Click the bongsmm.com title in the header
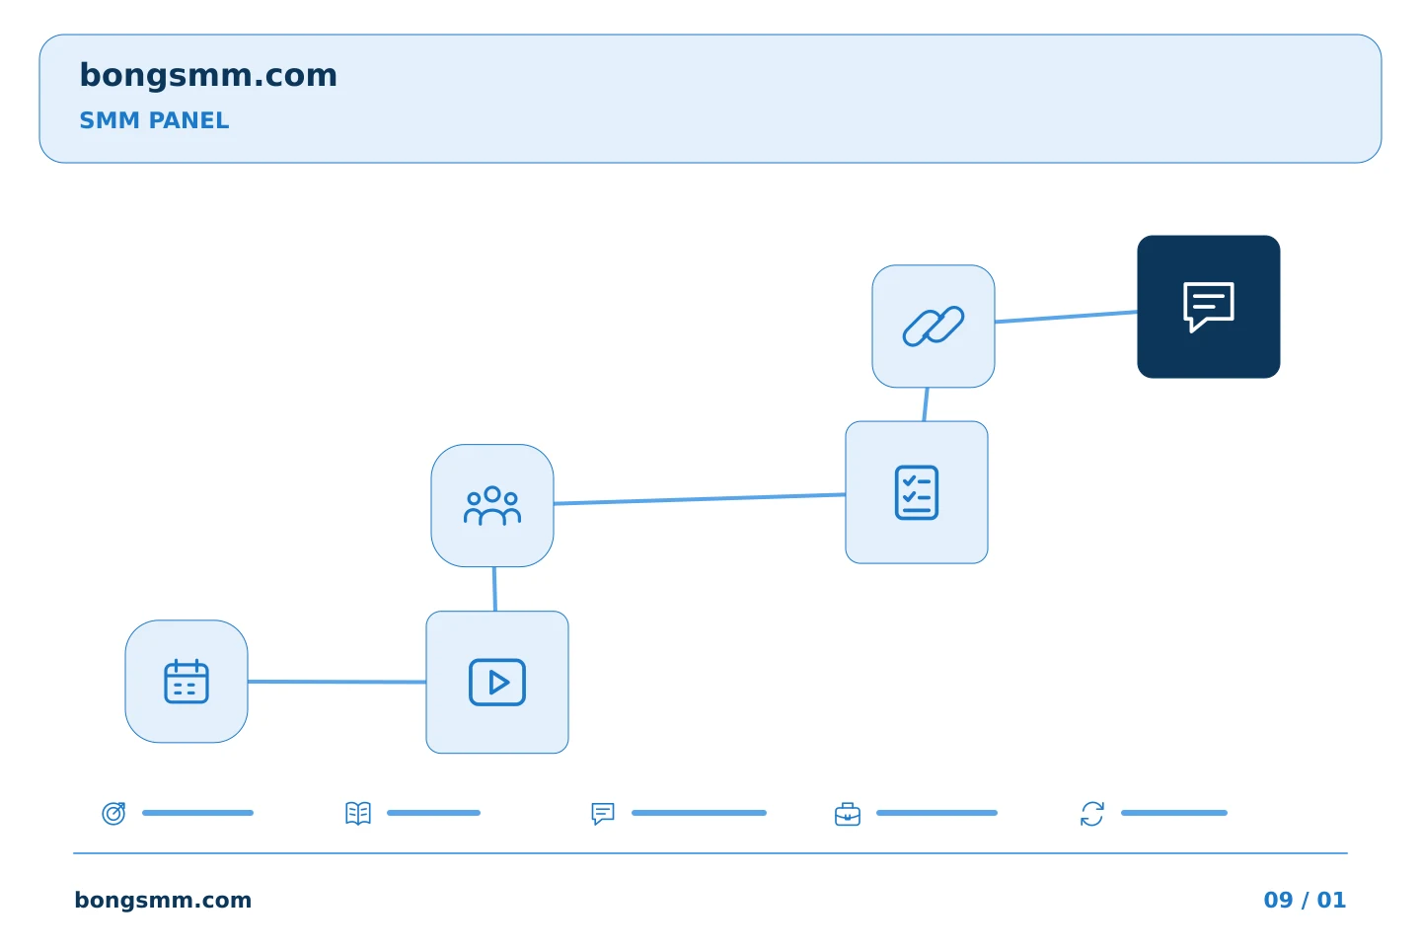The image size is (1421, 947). [208, 76]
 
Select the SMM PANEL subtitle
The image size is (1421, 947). [154, 120]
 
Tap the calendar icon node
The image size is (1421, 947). [187, 682]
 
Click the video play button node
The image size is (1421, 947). [497, 683]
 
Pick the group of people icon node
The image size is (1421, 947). [492, 505]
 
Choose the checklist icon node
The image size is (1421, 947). [917, 492]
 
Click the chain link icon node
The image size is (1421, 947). [934, 327]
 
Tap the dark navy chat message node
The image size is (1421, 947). [1209, 307]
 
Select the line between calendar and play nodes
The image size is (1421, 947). [337, 682]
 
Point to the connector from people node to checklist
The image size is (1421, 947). [699, 498]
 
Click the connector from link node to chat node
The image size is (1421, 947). [1066, 317]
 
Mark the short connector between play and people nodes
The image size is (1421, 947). [494, 589]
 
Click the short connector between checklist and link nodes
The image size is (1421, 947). [926, 404]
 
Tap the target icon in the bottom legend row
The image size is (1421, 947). [114, 813]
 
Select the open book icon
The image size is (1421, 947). [358, 813]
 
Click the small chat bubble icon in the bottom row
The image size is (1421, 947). [603, 813]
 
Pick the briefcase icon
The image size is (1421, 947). [848, 814]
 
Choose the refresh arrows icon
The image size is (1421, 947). [1092, 814]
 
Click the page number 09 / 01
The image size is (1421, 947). [1305, 900]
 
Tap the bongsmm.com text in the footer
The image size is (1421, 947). [163, 900]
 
